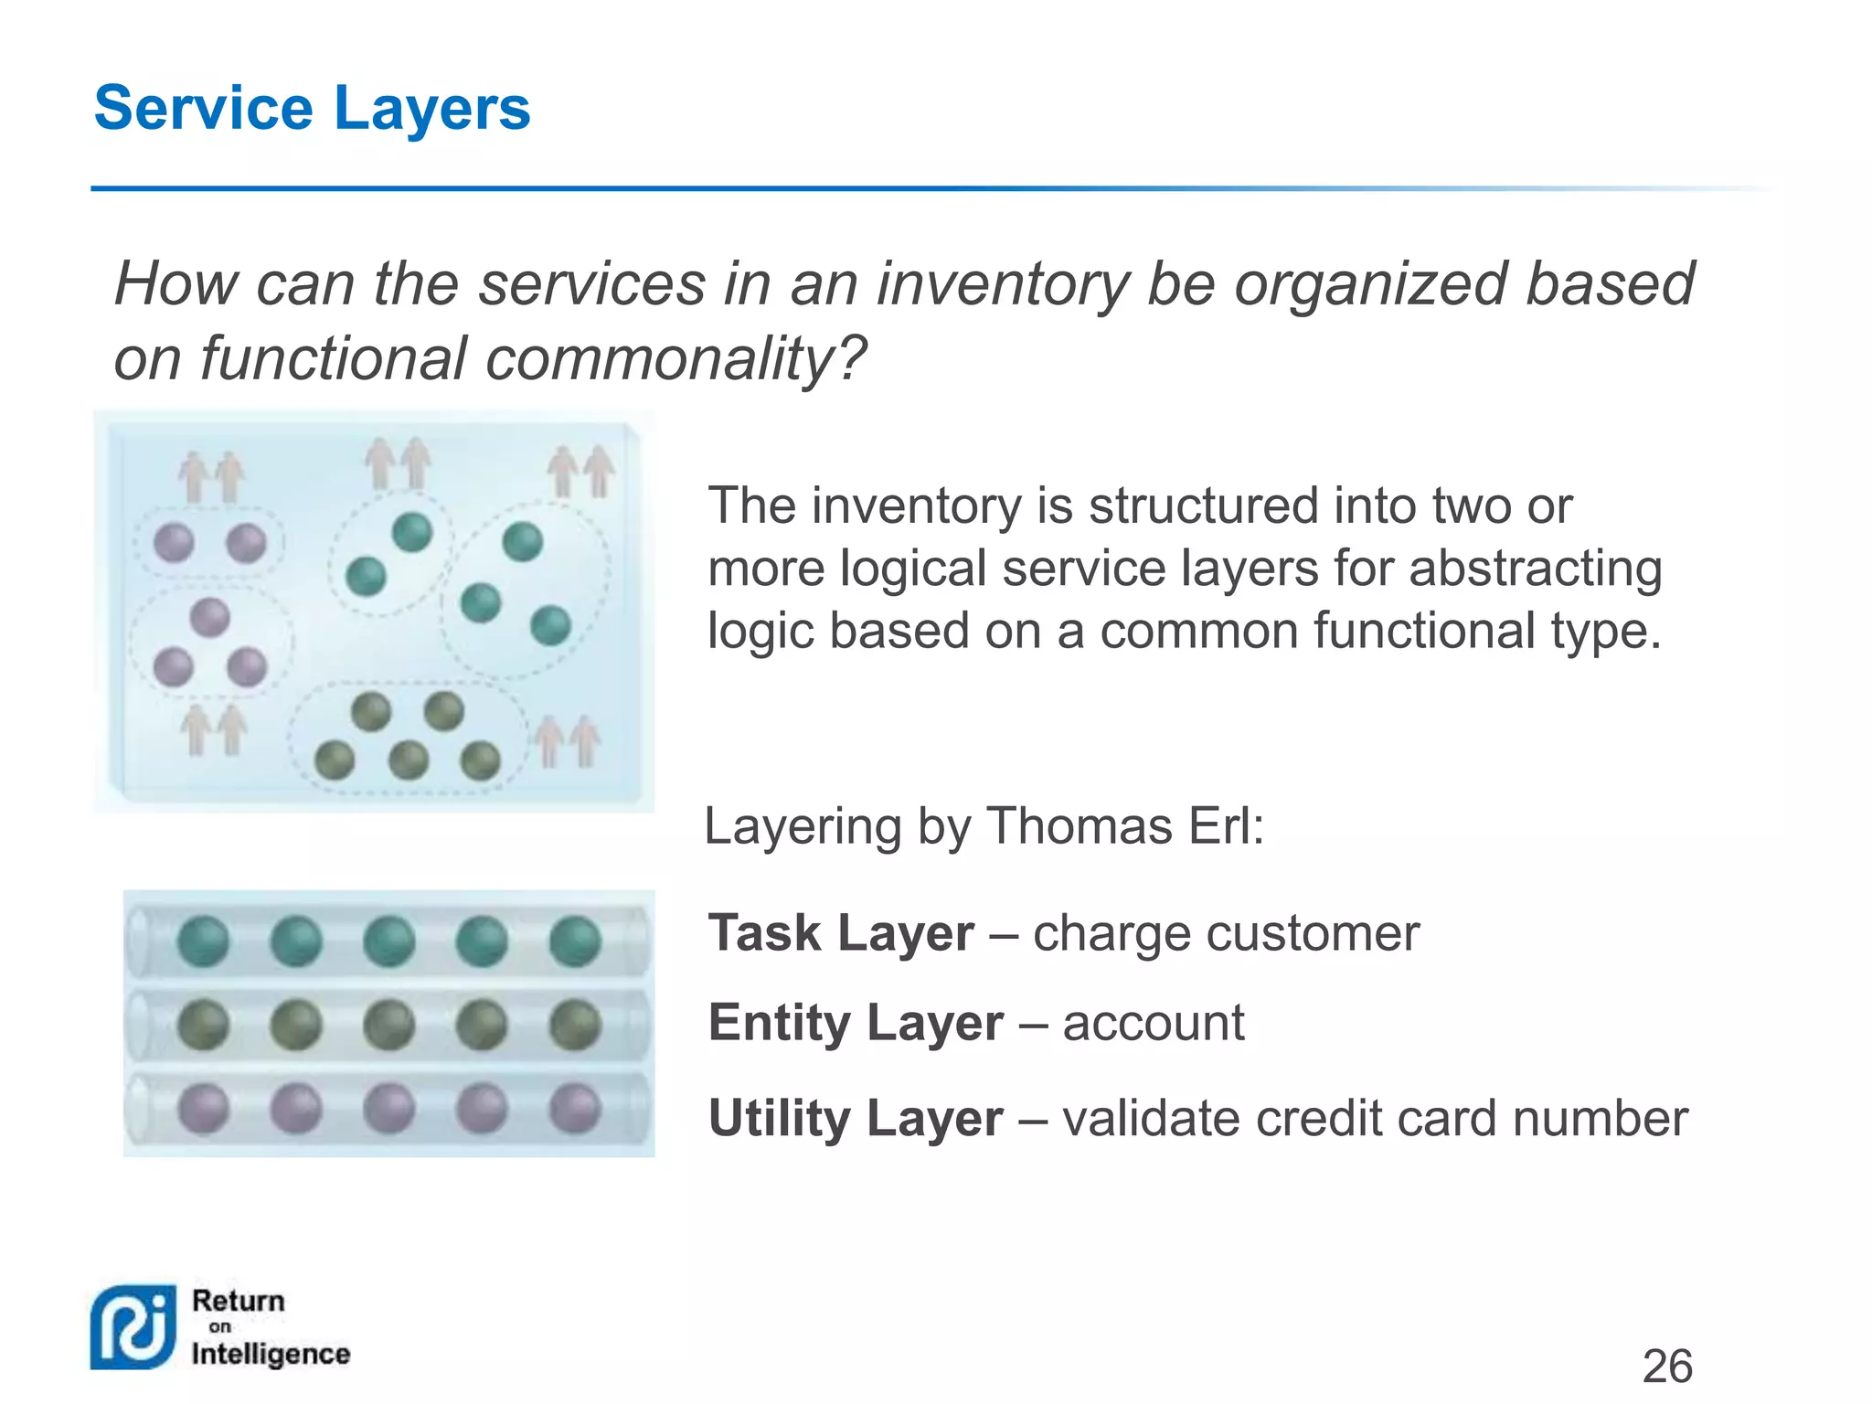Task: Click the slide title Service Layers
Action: coord(312,109)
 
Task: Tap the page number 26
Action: coord(1666,1366)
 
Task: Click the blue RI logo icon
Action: coord(133,1327)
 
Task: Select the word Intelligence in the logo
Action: coord(271,1354)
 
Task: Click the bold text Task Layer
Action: coord(841,933)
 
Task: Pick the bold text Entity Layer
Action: coord(856,1022)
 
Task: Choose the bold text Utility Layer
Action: coord(856,1118)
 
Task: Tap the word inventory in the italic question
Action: coord(1002,283)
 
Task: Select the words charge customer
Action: coord(1226,933)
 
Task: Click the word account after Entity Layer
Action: coord(1153,1022)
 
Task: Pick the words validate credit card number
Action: coord(1375,1118)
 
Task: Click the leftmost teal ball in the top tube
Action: coord(203,941)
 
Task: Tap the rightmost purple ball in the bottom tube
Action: coord(575,1108)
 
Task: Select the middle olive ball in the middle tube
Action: coord(388,1025)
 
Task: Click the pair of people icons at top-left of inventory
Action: coord(211,475)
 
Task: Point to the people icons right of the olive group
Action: coord(567,740)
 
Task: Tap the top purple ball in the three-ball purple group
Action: coord(209,617)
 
